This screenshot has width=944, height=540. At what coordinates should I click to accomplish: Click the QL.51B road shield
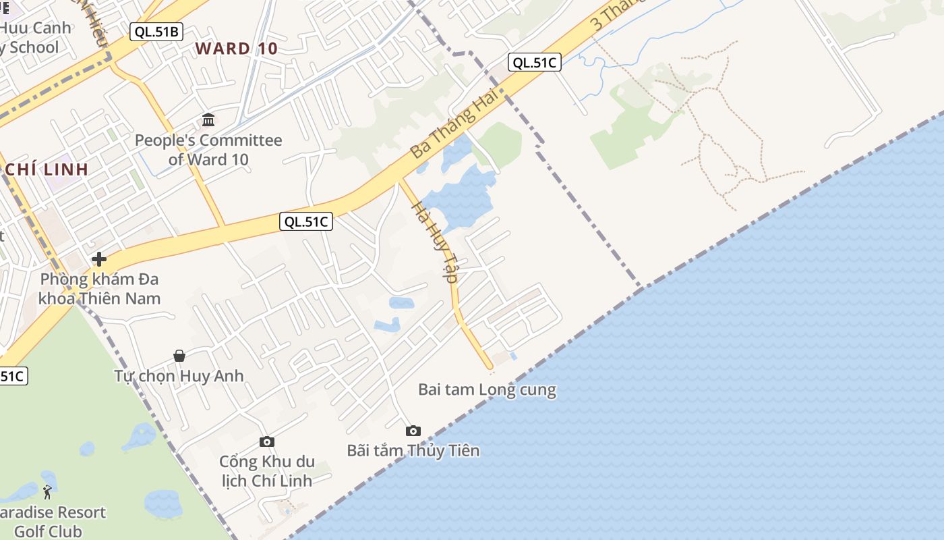pyautogui.click(x=156, y=32)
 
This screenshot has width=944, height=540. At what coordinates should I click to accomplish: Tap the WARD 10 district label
pyautogui.click(x=237, y=49)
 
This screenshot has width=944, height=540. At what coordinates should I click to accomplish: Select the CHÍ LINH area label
pyautogui.click(x=47, y=169)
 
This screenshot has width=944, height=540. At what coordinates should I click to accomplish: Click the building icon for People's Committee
pyautogui.click(x=208, y=120)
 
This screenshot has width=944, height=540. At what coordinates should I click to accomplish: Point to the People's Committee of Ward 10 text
pyautogui.click(x=208, y=150)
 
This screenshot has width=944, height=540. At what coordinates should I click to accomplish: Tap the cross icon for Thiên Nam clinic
pyautogui.click(x=99, y=259)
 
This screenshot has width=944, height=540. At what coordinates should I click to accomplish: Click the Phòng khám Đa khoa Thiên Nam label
pyautogui.click(x=99, y=289)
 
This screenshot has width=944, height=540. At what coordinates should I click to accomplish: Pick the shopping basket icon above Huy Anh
pyautogui.click(x=179, y=356)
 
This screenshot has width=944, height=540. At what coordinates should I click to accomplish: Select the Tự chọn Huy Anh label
pyautogui.click(x=179, y=376)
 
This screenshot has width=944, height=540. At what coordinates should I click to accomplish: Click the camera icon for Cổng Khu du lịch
pyautogui.click(x=267, y=442)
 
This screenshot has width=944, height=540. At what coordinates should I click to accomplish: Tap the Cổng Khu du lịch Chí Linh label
pyautogui.click(x=267, y=471)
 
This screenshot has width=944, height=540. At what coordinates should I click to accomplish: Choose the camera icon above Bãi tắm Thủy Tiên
pyautogui.click(x=413, y=431)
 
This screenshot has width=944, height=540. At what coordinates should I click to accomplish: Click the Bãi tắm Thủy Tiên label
pyautogui.click(x=413, y=450)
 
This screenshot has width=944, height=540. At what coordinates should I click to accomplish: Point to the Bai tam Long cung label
pyautogui.click(x=487, y=389)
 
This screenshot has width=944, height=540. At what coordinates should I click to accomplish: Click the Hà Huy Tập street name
pyautogui.click(x=435, y=243)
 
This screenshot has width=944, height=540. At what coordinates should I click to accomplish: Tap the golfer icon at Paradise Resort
pyautogui.click(x=47, y=492)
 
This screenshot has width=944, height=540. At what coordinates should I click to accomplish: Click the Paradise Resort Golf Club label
pyautogui.click(x=51, y=522)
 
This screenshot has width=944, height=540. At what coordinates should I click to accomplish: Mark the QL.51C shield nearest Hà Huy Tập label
pyautogui.click(x=306, y=221)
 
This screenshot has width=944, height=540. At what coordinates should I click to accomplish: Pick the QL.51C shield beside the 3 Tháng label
pyautogui.click(x=535, y=63)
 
